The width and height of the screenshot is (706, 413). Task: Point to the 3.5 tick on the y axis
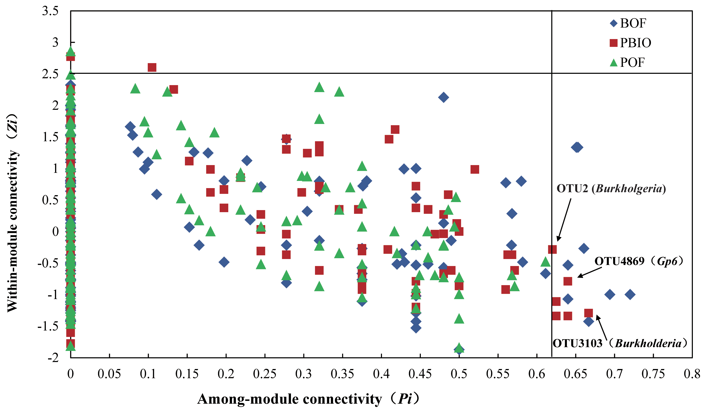tap(50, 11)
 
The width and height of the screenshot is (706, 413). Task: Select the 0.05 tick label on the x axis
tap(109, 374)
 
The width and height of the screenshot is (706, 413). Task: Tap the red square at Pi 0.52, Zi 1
tap(475, 169)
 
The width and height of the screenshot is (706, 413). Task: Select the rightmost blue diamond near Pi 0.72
tap(630, 294)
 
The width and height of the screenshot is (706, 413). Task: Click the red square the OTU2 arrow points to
tap(552, 249)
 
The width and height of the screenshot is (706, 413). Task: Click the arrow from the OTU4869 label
tap(589, 272)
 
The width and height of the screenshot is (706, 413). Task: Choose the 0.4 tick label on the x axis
tap(381, 374)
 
